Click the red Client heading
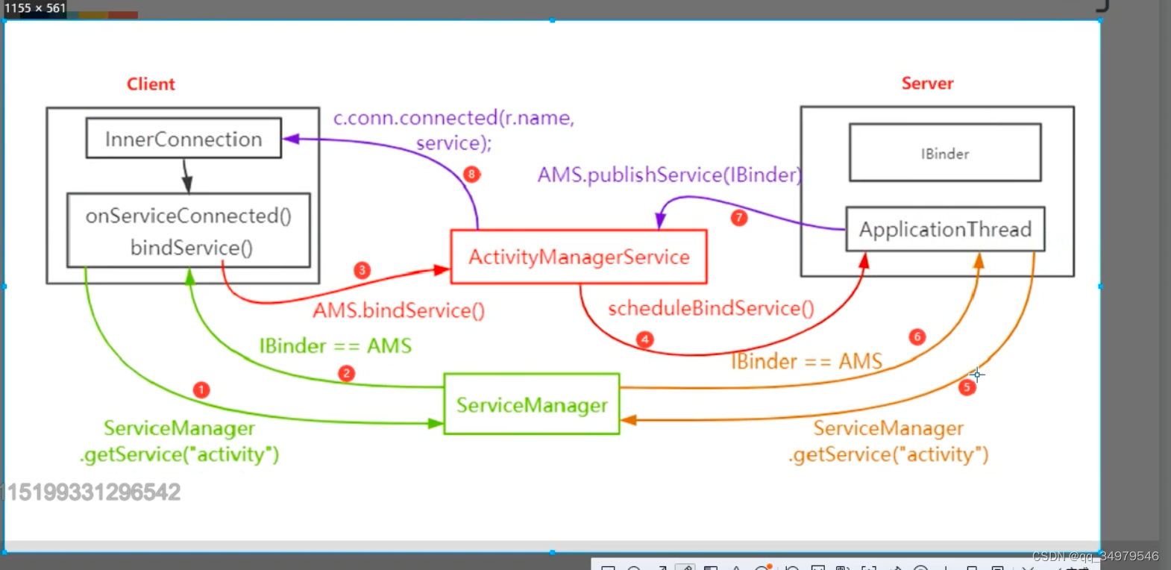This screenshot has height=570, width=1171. click(151, 84)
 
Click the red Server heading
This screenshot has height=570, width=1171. click(927, 83)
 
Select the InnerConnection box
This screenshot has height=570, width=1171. click(183, 139)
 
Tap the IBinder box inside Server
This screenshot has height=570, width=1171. click(944, 153)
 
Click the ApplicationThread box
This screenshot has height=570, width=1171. click(945, 229)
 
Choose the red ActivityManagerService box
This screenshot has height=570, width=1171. click(579, 257)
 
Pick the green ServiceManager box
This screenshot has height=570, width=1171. click(532, 404)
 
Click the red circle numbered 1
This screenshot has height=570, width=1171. click(201, 389)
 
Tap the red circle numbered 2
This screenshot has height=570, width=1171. click(346, 373)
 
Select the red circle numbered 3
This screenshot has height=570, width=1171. click(362, 270)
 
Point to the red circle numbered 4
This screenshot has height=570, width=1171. click(645, 339)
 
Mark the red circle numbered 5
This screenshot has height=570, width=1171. click(967, 386)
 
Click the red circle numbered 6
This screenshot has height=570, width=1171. click(917, 336)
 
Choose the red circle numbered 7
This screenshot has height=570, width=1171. click(739, 218)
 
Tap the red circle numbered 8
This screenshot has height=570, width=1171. click(471, 174)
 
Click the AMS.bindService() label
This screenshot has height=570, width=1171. click(398, 310)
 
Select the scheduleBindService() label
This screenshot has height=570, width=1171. click(711, 308)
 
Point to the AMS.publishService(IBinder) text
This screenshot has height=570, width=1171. click(669, 175)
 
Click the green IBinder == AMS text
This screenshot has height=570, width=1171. click(335, 345)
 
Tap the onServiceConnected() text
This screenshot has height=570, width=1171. click(188, 216)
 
